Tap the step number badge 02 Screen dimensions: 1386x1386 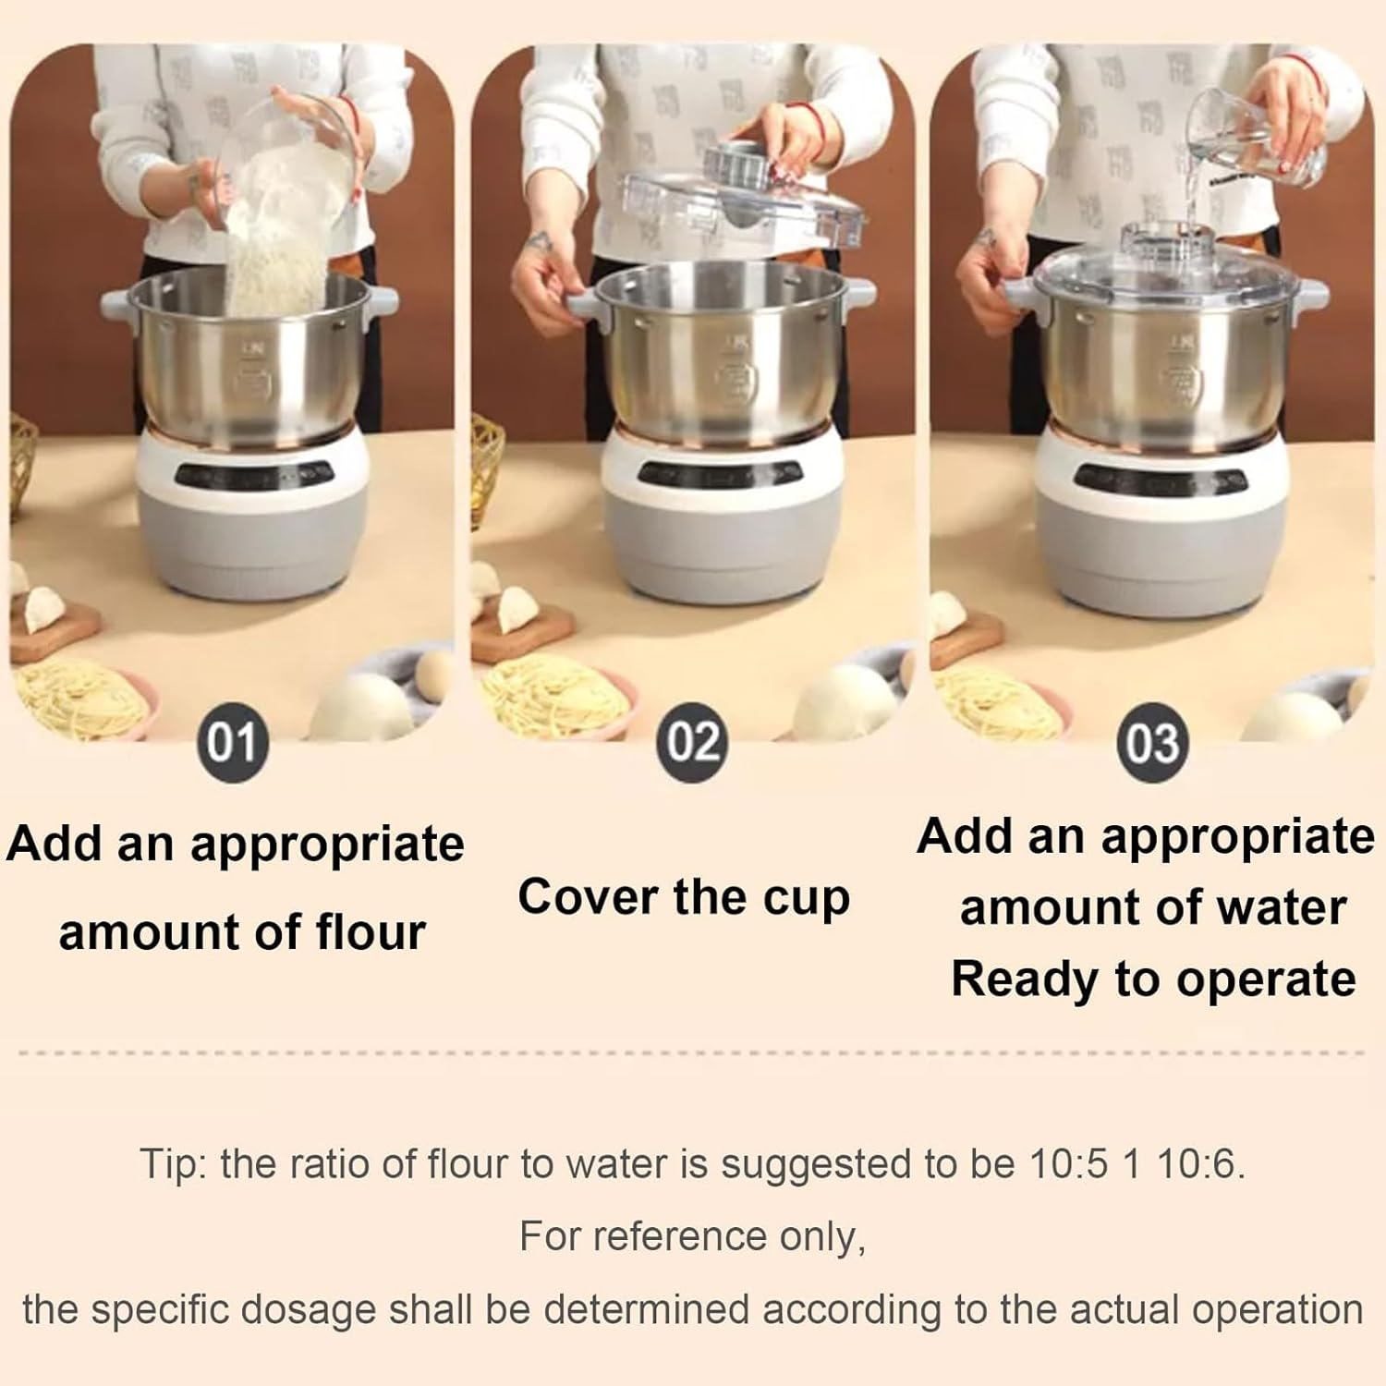click(x=692, y=742)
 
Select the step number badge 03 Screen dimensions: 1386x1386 click(x=1151, y=742)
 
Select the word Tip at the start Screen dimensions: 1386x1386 click(x=172, y=1164)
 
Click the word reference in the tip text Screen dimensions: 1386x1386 click(x=692, y=1236)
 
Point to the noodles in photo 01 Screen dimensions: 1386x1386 click(x=79, y=698)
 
